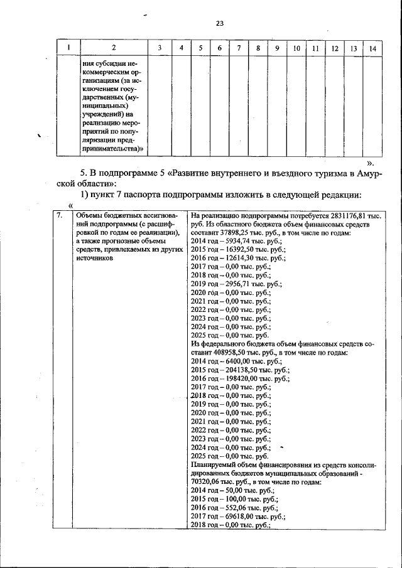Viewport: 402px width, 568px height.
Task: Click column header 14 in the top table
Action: [373, 48]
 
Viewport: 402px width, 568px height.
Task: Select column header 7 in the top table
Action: [239, 48]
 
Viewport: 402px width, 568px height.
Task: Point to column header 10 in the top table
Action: [295, 48]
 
